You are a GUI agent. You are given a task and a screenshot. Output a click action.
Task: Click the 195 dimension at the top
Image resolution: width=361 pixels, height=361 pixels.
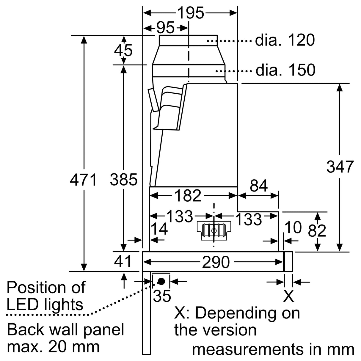191,12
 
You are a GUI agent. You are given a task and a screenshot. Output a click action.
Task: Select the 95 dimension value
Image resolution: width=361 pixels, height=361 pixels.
165,28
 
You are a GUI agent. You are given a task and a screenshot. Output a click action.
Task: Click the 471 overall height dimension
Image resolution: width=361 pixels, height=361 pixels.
84,180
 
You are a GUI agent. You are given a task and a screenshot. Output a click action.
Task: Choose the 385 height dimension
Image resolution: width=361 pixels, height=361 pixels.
123,180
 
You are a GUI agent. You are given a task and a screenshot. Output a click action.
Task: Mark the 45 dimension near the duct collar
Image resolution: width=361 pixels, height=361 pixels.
123,51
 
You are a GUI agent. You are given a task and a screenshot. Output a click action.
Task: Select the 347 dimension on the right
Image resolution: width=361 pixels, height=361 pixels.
340,167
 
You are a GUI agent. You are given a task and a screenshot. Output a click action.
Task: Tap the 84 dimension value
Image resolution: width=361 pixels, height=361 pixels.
259,186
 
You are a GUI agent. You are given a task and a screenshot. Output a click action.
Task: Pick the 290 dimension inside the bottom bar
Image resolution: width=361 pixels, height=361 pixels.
216,262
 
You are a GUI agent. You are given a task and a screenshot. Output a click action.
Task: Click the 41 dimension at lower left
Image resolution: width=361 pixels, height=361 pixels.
123,261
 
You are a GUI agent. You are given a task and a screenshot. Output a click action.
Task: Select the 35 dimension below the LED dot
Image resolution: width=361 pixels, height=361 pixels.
162,296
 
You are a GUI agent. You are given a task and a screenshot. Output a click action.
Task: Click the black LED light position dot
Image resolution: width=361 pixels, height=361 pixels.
161,281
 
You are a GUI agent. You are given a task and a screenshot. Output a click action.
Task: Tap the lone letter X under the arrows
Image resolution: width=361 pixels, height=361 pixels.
288,296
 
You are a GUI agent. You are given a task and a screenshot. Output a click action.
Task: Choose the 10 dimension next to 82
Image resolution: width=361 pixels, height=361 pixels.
293,227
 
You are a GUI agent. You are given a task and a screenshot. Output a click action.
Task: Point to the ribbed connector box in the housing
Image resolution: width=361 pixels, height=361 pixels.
214,231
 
